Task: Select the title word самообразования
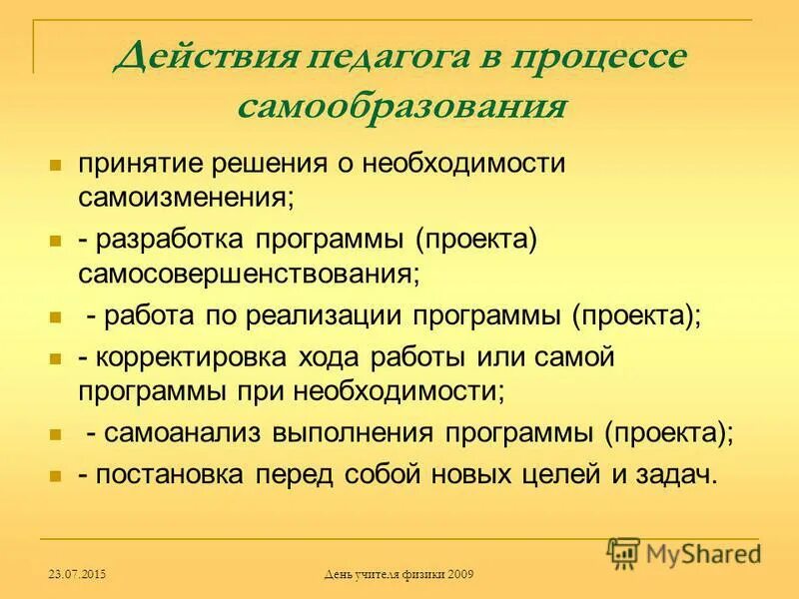coord(399,105)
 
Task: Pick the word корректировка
coord(193,357)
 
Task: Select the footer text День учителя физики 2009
coord(399,574)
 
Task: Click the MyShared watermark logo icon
coord(624,550)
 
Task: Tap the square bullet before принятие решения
coord(56,163)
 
